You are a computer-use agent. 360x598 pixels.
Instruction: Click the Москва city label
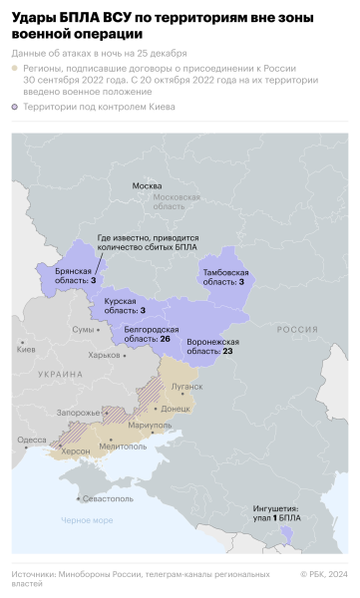pyautogui.click(x=147, y=186)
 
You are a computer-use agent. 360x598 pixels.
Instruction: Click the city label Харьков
pyautogui.click(x=104, y=355)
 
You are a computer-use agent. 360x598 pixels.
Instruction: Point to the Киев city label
pyautogui.click(x=26, y=348)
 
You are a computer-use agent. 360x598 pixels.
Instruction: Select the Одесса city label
pyautogui.click(x=31, y=440)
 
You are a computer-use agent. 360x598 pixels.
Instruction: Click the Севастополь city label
pyautogui.click(x=107, y=497)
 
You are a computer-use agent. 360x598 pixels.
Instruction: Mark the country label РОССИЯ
pyautogui.click(x=297, y=329)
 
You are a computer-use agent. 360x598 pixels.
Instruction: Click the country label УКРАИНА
pyautogui.click(x=61, y=373)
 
